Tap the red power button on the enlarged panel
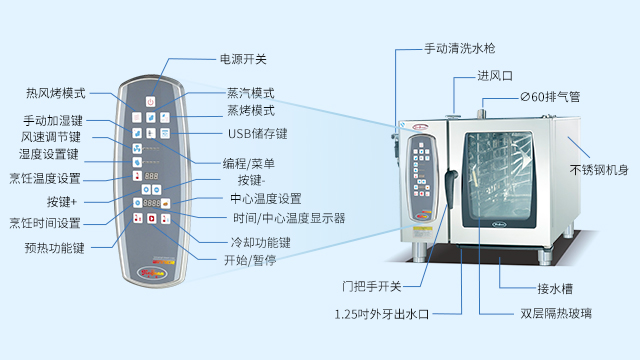pyautogui.click(x=150, y=101)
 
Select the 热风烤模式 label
pyautogui.click(x=56, y=94)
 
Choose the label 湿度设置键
pyautogui.click(x=48, y=155)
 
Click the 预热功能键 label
pyautogui.click(x=55, y=247)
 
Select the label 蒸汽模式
pyautogui.click(x=250, y=92)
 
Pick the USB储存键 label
pyautogui.click(x=256, y=132)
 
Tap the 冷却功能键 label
pyautogui.click(x=260, y=243)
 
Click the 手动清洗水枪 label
pyautogui.click(x=459, y=48)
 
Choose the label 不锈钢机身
pyautogui.click(x=599, y=170)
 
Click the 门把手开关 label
pyautogui.click(x=371, y=287)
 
